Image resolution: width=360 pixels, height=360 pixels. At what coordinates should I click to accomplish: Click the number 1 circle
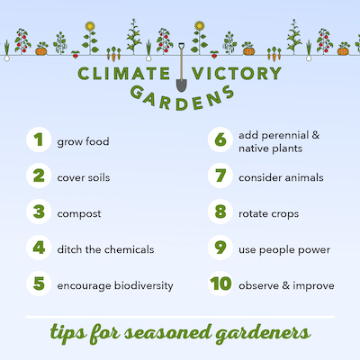pos(37,140)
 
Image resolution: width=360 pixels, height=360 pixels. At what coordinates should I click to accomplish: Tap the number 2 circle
pos(37,176)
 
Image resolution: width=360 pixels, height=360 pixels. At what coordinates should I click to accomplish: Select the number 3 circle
pos(37,213)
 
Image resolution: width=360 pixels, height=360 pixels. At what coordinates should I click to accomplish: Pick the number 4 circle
pos(37,249)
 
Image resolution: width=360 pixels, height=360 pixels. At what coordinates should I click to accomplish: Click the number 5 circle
pos(37,285)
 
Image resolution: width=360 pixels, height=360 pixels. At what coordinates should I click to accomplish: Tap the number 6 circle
pos(220,140)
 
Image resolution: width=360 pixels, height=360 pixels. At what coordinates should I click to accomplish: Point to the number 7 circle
pos(220,176)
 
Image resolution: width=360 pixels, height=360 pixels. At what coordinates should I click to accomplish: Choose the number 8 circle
pos(220,213)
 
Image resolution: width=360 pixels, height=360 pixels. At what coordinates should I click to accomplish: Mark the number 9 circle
pos(220,249)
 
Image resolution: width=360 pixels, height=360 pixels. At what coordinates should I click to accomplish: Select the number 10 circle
pos(220,285)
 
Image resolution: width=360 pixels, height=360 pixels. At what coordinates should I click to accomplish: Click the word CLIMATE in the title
pos(123,73)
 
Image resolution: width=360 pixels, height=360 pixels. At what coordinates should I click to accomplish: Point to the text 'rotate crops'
pos(268,213)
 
